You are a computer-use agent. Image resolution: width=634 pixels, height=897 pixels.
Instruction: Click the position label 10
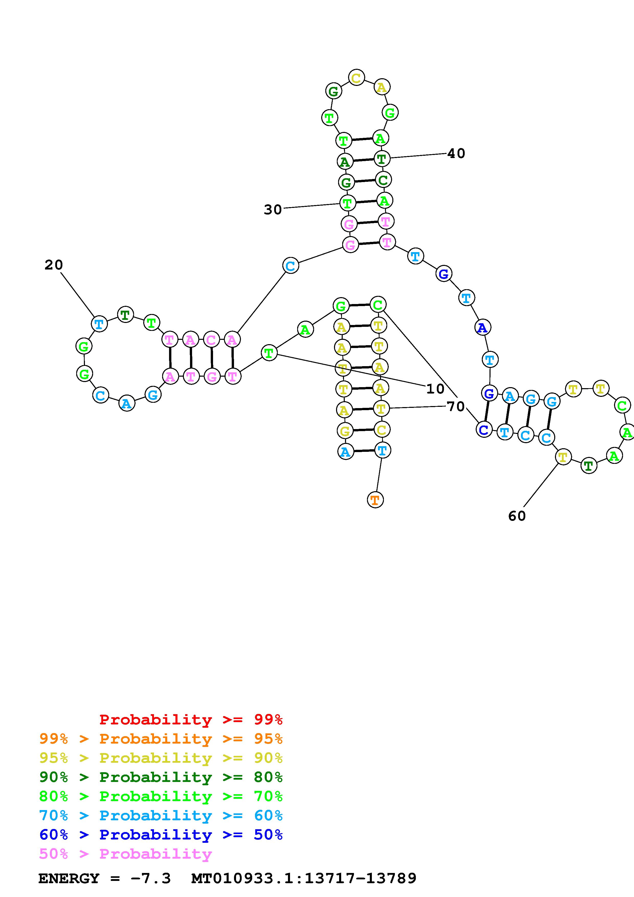[x=435, y=389]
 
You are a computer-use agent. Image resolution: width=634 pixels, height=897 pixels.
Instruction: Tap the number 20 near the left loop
[x=53, y=265]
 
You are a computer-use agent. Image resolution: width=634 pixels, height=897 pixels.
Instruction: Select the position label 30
[x=273, y=210]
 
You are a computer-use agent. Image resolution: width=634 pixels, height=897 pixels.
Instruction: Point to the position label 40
[x=456, y=153]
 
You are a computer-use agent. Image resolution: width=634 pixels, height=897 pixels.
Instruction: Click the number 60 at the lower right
[x=517, y=516]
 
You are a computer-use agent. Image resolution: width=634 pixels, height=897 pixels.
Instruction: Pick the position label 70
[x=455, y=407]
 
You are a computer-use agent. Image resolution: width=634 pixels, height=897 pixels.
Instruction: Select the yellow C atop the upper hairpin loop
[x=356, y=77]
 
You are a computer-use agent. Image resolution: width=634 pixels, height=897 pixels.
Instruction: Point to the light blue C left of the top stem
[x=290, y=266]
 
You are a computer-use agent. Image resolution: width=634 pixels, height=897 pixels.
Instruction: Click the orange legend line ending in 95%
[x=161, y=739]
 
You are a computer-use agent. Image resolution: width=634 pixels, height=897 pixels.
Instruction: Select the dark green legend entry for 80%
[x=161, y=777]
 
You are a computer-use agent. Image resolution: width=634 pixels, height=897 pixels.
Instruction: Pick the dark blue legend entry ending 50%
[x=161, y=835]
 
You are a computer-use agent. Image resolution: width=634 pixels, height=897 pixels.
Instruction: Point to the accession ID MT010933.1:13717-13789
[x=304, y=879]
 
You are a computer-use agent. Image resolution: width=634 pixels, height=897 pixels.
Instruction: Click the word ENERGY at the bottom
[x=69, y=879]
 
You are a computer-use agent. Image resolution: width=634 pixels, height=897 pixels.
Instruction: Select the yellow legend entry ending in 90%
[x=161, y=758]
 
